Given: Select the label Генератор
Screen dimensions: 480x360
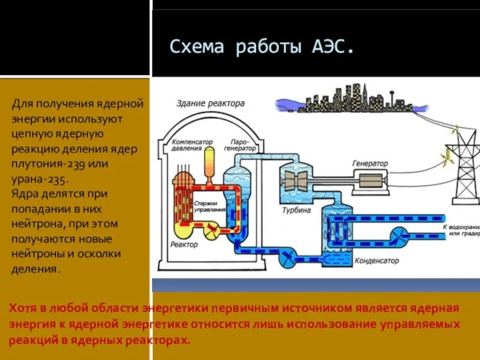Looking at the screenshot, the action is click(370, 163).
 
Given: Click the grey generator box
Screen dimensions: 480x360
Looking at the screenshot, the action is click(373, 181).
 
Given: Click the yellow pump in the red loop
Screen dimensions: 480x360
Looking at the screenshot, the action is click(211, 229).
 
